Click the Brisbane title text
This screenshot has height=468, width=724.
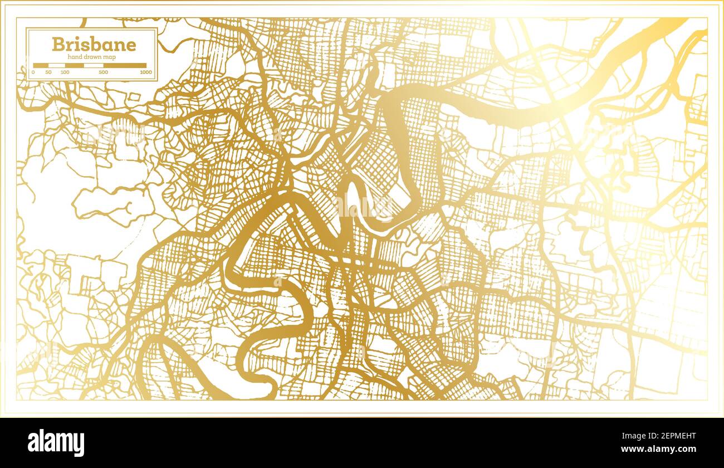coord(94,45)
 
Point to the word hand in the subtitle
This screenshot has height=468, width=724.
coord(75,57)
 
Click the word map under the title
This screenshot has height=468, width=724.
coord(110,57)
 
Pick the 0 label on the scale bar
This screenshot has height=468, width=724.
coord(33,72)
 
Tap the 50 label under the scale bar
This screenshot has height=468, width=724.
coord(49,72)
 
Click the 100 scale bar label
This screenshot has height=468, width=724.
coord(65,72)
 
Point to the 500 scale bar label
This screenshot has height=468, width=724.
coord(104,72)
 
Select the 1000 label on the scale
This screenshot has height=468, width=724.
coord(145,72)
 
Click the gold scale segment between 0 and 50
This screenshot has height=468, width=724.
coord(41,65)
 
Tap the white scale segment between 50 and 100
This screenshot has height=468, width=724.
coord(57,65)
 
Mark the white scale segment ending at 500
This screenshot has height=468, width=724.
coord(94,65)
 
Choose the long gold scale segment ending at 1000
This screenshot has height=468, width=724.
coord(125,65)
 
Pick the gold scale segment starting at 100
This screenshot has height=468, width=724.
coord(74,65)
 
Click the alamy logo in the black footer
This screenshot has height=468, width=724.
coord(56,443)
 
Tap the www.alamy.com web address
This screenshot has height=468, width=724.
coord(664,448)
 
